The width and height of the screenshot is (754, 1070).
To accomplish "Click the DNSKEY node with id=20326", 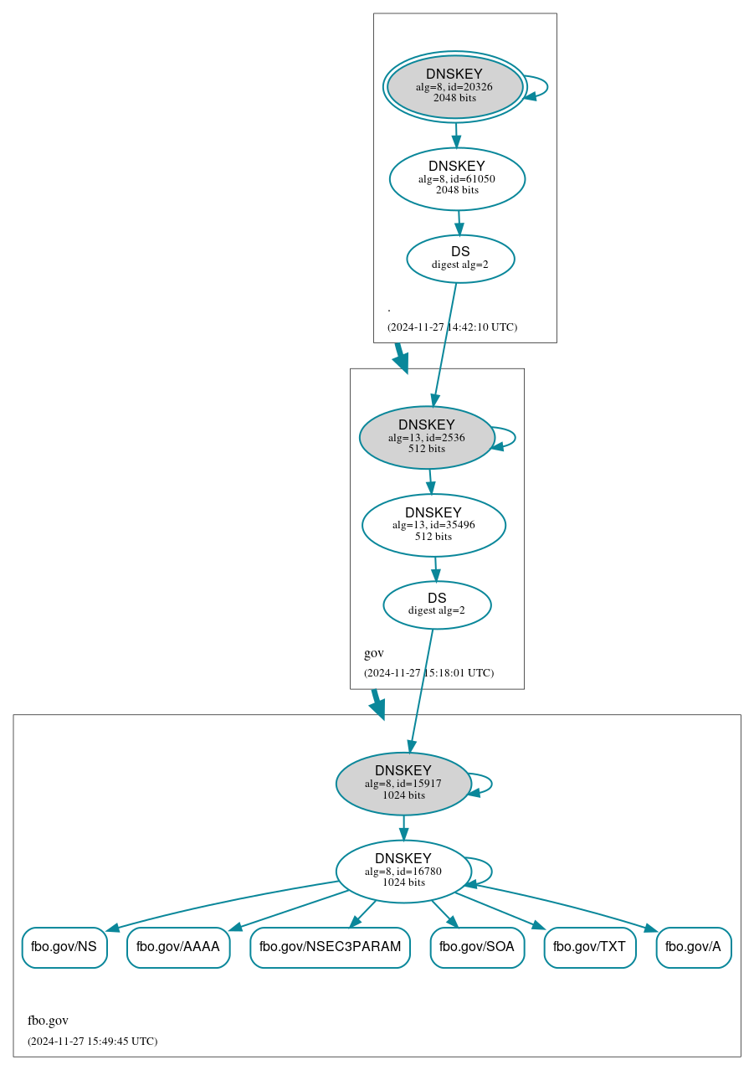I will [x=454, y=86].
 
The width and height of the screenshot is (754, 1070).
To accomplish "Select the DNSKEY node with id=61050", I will [x=457, y=178].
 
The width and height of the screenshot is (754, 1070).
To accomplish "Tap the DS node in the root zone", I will [x=460, y=259].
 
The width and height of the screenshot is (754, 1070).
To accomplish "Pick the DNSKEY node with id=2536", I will [x=427, y=437].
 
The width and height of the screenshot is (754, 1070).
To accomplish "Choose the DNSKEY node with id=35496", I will [x=433, y=525].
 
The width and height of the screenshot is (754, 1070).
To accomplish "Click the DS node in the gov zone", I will [x=437, y=604].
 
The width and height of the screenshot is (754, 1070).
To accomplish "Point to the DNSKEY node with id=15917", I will [x=403, y=784].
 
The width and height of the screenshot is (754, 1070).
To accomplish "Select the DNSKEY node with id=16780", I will [x=403, y=872].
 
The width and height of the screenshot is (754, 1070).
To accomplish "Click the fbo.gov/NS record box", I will [x=64, y=947].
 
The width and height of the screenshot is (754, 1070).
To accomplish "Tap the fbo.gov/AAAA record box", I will [x=178, y=947].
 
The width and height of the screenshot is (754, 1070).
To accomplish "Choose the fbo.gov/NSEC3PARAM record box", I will [x=330, y=947].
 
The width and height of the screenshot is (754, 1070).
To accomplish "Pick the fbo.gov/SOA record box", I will [x=477, y=947].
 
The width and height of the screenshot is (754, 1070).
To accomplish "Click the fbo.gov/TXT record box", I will [x=590, y=947].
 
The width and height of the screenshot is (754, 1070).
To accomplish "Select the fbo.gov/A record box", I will [x=694, y=947].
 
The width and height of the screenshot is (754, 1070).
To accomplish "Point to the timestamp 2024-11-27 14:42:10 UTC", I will [x=452, y=327].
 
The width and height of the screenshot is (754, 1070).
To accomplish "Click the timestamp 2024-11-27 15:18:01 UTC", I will [x=428, y=672].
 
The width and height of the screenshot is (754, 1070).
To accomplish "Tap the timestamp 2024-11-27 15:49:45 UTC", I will [x=92, y=1041].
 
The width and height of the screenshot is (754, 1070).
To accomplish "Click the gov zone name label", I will [x=374, y=653].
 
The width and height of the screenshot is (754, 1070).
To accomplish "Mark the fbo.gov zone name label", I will [x=48, y=1021].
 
